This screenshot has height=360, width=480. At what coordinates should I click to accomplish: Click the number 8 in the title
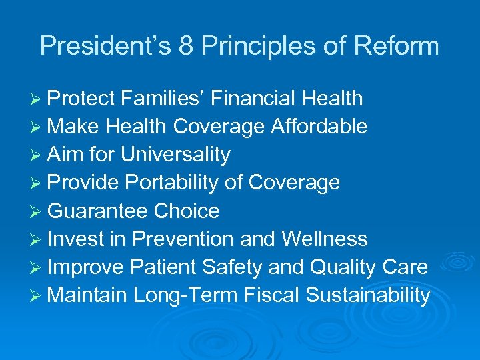186,46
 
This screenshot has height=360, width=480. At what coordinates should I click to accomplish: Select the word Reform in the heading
399,46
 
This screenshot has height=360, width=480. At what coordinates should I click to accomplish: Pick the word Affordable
319,127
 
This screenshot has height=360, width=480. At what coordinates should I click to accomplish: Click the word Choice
187,211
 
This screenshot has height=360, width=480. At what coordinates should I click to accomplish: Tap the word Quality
339,267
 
